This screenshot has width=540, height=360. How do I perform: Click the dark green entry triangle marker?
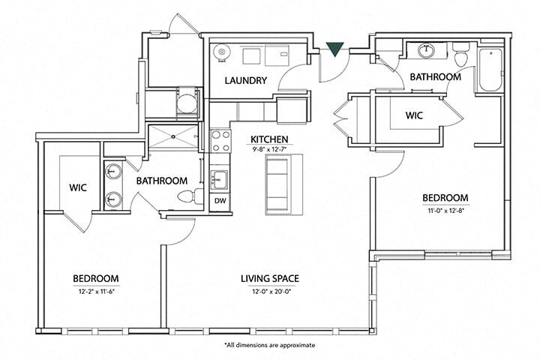coord(335,49)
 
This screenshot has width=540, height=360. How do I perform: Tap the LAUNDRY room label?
coord(246,81)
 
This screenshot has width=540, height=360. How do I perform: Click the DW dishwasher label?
coord(220,201)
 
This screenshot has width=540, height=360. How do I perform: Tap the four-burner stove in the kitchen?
coord(220,141)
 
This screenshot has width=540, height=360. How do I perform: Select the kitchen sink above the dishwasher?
coord(219,179)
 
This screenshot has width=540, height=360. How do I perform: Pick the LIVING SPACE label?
coord(270,279)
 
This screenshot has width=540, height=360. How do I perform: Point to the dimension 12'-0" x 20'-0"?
coord(270,290)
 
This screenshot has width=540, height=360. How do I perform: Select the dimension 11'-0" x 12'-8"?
coord(445,209)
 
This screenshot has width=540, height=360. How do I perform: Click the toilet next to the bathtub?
coord(460,57)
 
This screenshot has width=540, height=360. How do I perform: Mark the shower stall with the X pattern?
coord(172,139)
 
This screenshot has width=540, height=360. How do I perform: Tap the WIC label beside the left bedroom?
coord(79,187)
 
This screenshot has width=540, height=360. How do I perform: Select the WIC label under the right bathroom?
coord(415,116)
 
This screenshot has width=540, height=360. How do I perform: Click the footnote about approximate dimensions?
coord(270,345)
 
